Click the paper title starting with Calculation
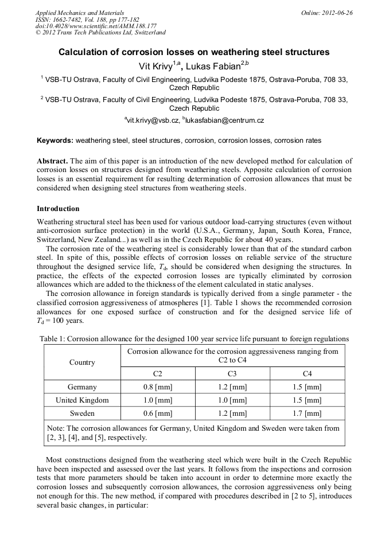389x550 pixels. [x=194, y=52]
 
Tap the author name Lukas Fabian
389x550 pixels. [x=216, y=65]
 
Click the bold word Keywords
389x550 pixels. [x=55, y=141]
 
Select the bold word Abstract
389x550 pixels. [x=53, y=161]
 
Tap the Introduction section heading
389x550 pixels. [x=58, y=209]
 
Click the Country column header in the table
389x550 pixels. [x=82, y=362]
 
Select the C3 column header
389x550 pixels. [x=232, y=373]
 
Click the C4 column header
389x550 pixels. [x=307, y=373]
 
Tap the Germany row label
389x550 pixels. [x=82, y=387]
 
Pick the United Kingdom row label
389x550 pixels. [x=82, y=400]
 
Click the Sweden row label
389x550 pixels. [x=82, y=413]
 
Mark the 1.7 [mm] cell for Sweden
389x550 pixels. [x=307, y=413]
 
